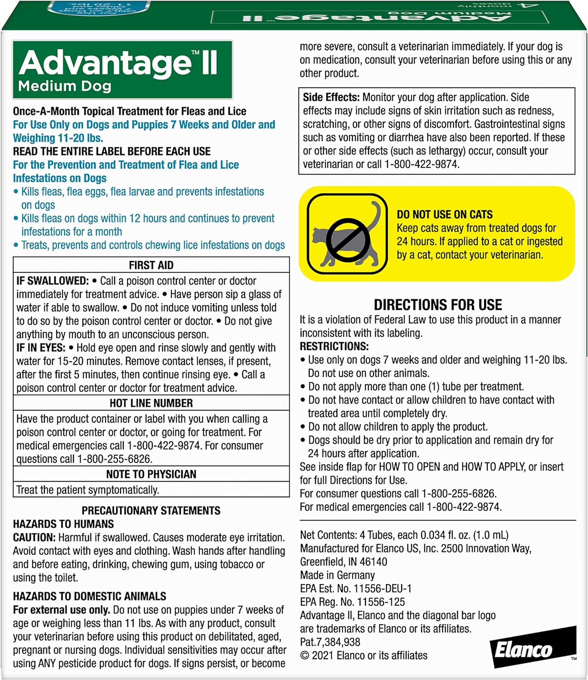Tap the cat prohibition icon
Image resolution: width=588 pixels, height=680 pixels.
coord(347,234)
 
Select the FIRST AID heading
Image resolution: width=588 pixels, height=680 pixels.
coord(151,265)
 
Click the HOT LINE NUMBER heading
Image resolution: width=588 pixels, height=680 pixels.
coord(151,403)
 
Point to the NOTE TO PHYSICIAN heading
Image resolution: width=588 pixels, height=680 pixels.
coord(151,474)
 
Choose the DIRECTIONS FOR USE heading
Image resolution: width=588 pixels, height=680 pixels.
coord(437,305)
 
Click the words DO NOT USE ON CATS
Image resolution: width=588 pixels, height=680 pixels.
coord(444,214)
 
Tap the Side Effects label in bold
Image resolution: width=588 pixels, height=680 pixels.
coord(331,97)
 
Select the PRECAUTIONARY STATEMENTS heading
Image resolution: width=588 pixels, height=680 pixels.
coord(151,510)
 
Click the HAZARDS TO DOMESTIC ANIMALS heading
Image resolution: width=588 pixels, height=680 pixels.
coord(89,596)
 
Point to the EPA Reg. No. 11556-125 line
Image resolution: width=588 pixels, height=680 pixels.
coord(352,602)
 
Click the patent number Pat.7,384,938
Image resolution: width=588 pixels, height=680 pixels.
coord(330,642)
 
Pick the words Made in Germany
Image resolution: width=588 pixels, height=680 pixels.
coord(337,575)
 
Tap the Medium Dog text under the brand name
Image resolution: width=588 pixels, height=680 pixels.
coord(65,86)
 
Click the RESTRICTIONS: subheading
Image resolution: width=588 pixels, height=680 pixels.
coord(334,346)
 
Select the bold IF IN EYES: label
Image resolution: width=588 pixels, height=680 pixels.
coord(41,348)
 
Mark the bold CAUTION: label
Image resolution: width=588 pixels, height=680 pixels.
coord(34,538)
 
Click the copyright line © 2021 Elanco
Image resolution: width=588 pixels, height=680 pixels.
coord(364,656)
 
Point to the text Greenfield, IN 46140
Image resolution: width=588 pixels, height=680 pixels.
coord(343,562)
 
